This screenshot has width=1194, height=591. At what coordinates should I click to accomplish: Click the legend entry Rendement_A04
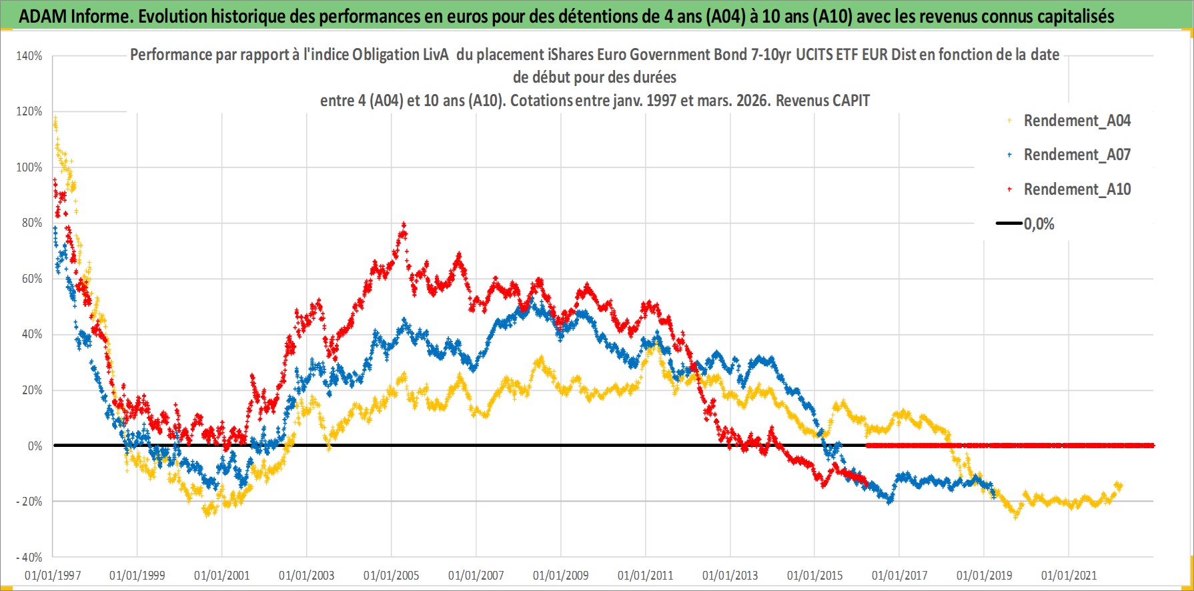tap(1077, 121)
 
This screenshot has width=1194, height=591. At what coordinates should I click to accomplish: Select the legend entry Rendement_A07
tap(1077, 155)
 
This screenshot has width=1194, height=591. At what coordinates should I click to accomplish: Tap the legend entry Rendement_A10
tap(1077, 189)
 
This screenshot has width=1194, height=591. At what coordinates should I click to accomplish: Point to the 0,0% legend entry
tap(1039, 224)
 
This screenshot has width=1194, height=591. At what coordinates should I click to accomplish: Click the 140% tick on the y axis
tap(29, 56)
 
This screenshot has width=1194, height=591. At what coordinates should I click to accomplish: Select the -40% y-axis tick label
tap(29, 557)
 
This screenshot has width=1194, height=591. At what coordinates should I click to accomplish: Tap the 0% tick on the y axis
tap(35, 446)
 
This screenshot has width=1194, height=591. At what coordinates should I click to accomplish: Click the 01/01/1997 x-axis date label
tap(52, 575)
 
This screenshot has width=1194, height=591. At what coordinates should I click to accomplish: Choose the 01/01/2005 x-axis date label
tap(391, 575)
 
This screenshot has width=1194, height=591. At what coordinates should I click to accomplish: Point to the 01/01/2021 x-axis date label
tap(1069, 575)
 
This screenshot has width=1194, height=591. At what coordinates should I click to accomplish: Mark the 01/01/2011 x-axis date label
tap(645, 575)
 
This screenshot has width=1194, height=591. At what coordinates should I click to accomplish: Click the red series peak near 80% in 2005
tap(403, 225)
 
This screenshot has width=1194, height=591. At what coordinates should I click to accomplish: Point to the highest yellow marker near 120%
tap(55, 119)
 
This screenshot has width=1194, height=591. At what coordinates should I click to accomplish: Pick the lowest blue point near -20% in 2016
tap(889, 500)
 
